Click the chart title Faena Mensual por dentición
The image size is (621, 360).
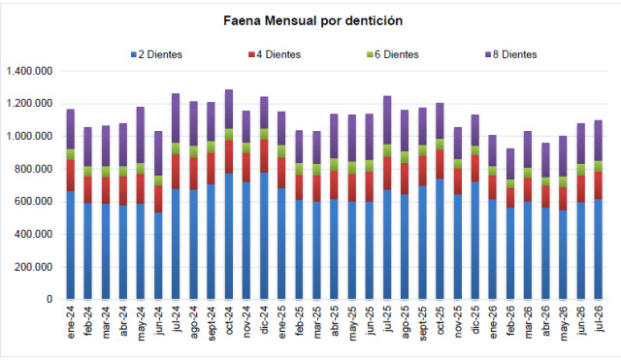tap(312, 20)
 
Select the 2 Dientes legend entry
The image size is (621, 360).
tap(157, 54)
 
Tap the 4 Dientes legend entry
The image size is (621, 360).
tap(275, 54)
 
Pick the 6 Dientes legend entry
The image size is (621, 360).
tap(392, 54)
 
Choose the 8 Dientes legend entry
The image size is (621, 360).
tap(511, 54)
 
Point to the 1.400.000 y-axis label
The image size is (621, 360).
tap(29, 71)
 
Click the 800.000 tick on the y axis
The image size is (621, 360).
tap(33, 169)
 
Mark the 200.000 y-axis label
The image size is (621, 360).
tap(33, 267)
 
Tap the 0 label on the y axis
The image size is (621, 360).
tap(49, 300)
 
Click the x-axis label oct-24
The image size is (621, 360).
tap(229, 320)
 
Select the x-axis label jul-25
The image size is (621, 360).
tap(387, 318)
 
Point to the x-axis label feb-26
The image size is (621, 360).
tap(510, 320)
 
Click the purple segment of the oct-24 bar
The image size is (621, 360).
tap(229, 110)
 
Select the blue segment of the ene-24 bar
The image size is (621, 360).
tap(71, 245)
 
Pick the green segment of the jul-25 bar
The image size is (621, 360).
tap(387, 150)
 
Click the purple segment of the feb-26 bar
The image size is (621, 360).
tap(510, 164)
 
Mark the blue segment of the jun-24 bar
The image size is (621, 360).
tap(158, 256)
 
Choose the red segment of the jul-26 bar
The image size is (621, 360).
tap(599, 185)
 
